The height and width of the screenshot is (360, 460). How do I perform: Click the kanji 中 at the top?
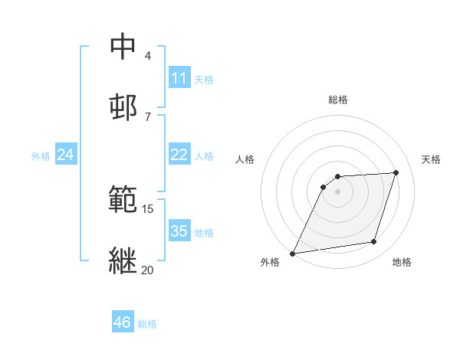click(123, 46)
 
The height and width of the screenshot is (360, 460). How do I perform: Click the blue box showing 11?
click(179, 78)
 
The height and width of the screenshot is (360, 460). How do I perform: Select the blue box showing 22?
click(179, 155)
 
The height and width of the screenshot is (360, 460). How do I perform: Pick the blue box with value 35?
click(179, 231)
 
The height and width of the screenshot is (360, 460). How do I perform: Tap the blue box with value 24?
click(65, 155)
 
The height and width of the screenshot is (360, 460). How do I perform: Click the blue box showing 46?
click(122, 322)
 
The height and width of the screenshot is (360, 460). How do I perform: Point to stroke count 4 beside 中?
click(148, 55)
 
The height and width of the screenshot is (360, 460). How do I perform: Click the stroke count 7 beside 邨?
click(148, 116)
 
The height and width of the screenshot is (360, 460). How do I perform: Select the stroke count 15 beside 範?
click(148, 208)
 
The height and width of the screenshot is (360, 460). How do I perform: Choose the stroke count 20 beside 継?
click(148, 270)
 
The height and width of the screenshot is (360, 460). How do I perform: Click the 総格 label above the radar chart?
click(338, 100)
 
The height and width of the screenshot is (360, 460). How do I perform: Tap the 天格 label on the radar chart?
click(432, 159)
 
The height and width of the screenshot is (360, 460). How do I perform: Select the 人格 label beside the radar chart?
click(245, 159)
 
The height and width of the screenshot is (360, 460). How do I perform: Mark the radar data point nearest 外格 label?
click(293, 253)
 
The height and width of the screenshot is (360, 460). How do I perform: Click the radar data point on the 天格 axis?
click(396, 172)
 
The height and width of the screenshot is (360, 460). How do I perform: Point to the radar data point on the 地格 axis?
click(374, 242)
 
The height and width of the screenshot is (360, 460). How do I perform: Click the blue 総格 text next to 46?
click(147, 324)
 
